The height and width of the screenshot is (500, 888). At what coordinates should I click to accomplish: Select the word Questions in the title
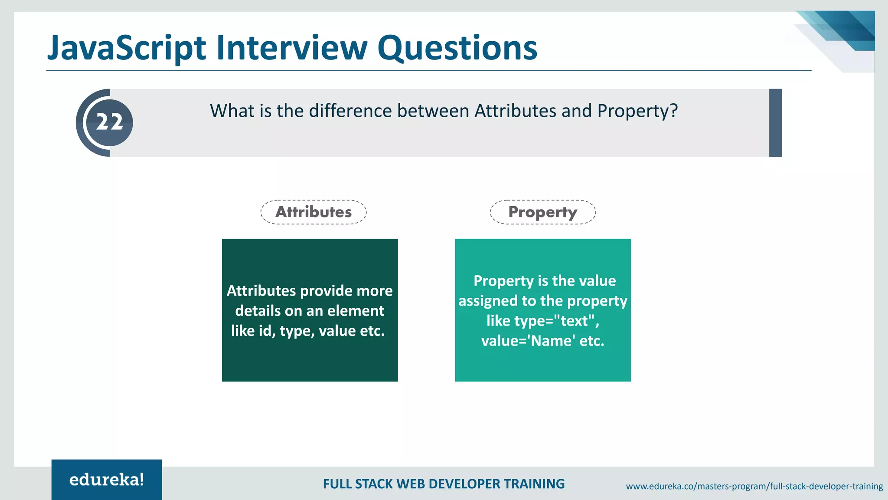[x=457, y=48]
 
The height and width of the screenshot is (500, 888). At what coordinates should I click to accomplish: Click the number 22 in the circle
[x=109, y=122]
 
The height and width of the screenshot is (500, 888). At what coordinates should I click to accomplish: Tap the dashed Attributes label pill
[x=313, y=212]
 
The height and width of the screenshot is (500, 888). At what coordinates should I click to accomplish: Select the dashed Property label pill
[x=542, y=212]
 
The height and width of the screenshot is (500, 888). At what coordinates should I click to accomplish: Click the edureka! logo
[x=107, y=480]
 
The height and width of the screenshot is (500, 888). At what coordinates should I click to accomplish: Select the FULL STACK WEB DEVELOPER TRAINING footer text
[x=444, y=484]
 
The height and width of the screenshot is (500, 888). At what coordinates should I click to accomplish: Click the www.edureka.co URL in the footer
[x=754, y=486]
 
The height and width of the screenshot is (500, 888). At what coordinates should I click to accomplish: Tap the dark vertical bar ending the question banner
[x=775, y=123]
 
